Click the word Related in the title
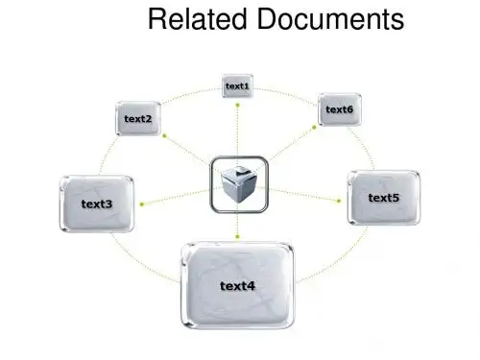(x=197, y=19)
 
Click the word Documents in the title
(x=330, y=19)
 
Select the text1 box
(x=237, y=85)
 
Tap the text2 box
(x=138, y=118)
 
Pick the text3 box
(x=96, y=204)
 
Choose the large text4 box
(x=237, y=286)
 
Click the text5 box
(x=384, y=198)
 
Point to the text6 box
(x=340, y=109)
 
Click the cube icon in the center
(x=239, y=184)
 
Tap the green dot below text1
(x=237, y=105)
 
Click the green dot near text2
(x=164, y=135)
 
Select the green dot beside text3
(x=142, y=204)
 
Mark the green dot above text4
(x=237, y=237)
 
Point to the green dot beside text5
(x=339, y=201)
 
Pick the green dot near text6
(x=314, y=128)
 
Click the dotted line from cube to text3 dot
(x=176, y=197)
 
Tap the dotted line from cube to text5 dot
(x=303, y=195)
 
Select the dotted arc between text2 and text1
(x=190, y=93)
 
